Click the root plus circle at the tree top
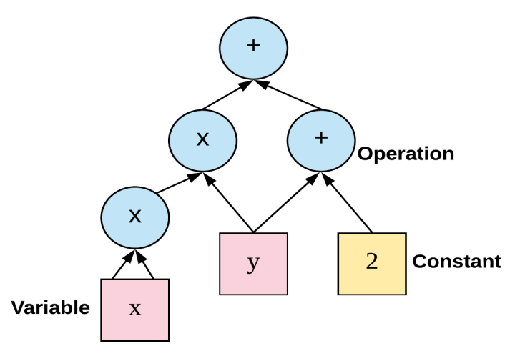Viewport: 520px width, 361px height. point(253,48)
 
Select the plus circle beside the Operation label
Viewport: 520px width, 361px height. point(321,140)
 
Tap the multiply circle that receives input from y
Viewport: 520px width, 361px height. point(203,140)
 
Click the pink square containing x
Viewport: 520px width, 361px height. point(135,310)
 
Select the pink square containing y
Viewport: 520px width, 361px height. point(253,263)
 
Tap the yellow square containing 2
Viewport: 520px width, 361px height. point(372,263)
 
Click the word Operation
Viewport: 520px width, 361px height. point(406,154)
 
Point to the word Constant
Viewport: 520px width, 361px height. point(456,262)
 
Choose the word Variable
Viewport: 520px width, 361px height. point(50,308)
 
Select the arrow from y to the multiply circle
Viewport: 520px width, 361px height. point(230,204)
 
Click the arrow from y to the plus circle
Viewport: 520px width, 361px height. point(283,203)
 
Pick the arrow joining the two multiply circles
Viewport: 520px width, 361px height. point(176,184)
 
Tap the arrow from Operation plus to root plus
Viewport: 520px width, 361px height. point(289,96)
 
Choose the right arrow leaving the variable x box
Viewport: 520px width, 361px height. point(147,266)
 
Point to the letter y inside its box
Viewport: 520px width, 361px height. point(253,263)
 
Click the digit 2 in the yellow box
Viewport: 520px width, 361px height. point(372,262)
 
